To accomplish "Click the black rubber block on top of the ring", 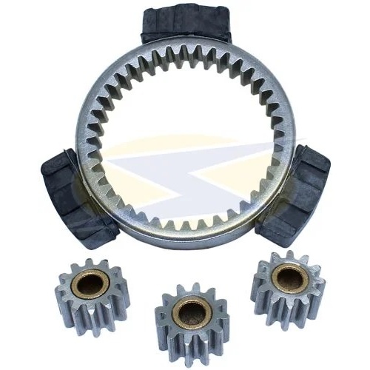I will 186,22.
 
